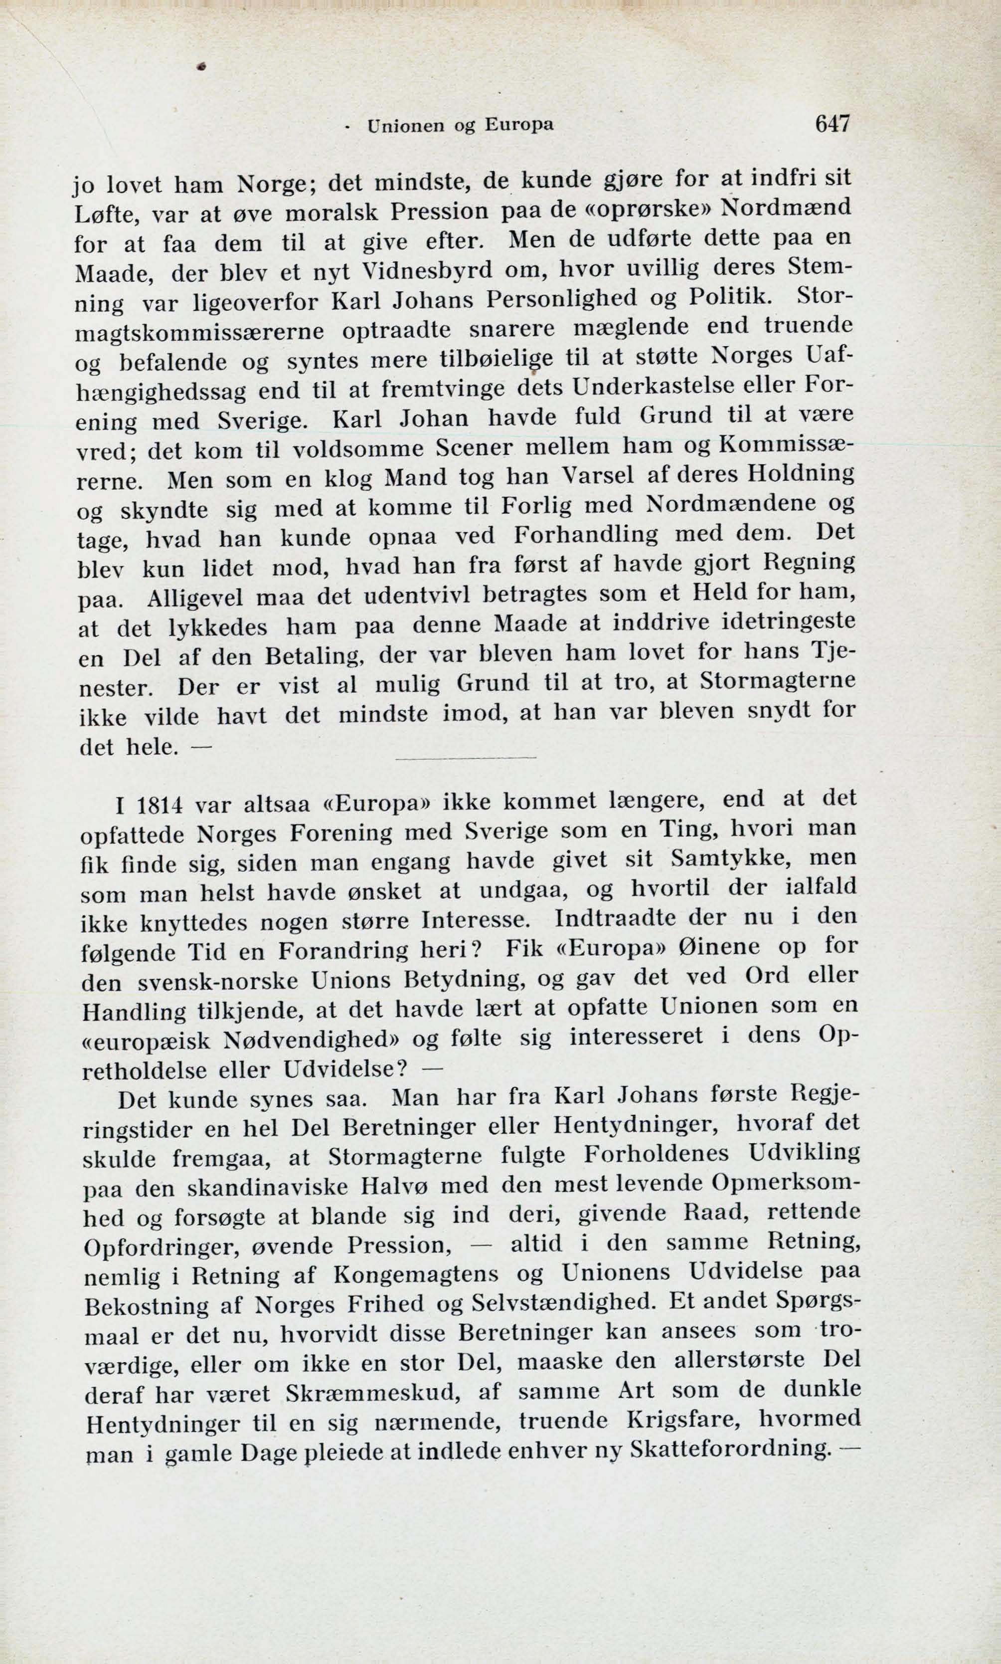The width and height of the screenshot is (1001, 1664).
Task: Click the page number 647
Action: click(x=833, y=124)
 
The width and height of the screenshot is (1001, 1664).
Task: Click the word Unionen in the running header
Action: click(x=405, y=126)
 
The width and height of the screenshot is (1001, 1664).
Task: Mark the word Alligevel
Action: click(x=192, y=599)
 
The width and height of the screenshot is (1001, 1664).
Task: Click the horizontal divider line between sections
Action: click(x=466, y=759)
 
